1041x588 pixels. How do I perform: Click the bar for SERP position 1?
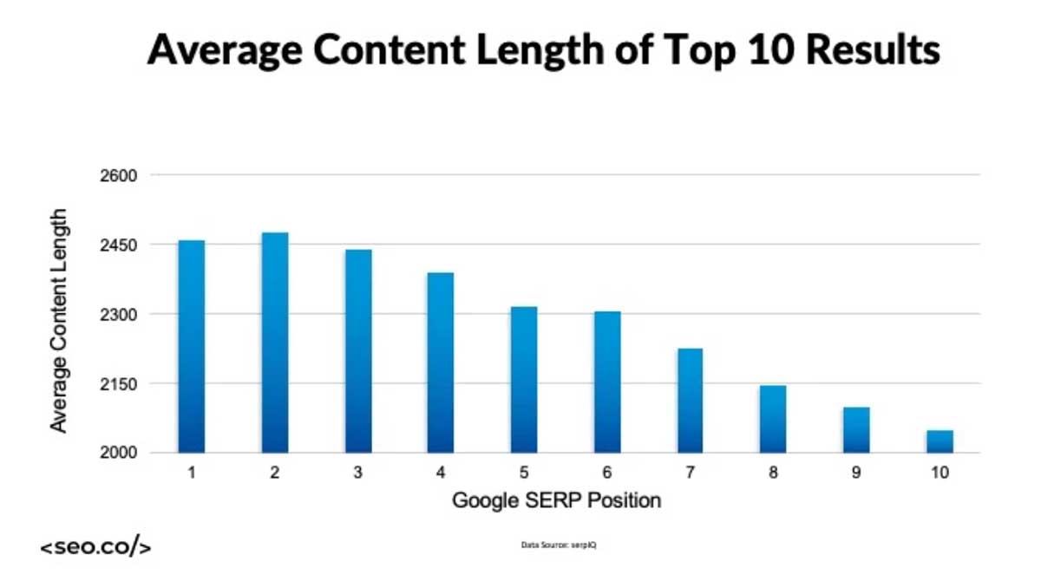point(192,346)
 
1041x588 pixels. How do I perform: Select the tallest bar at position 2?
point(275,343)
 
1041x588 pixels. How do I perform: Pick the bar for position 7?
point(690,401)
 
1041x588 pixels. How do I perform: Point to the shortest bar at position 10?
point(940,441)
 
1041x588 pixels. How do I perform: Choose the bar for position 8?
point(773,419)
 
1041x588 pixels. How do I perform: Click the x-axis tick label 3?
point(358,474)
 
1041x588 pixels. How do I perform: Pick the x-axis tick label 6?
point(607,474)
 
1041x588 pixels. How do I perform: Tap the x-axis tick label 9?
point(856,474)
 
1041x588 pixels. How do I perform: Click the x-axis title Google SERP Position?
point(556,500)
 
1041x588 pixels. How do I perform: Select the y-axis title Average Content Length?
point(58,319)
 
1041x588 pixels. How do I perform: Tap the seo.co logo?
point(95,548)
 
